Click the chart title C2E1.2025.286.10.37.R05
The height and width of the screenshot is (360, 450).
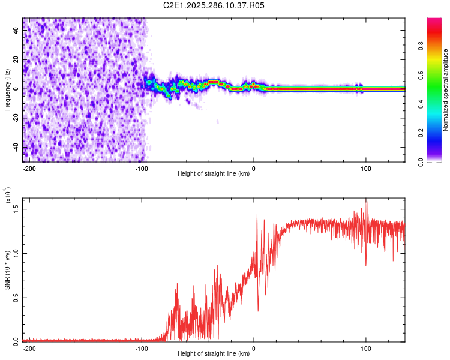[x=214, y=6]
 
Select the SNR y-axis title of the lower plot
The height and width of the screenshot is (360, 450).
[x=8, y=270]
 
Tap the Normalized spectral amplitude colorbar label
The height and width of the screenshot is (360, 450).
[x=446, y=90]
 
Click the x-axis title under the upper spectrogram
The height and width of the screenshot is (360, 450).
[x=214, y=174]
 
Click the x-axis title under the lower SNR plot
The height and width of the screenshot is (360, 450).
[x=214, y=353]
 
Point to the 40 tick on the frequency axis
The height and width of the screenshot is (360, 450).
[x=16, y=31]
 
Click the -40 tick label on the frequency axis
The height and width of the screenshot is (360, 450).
[x=16, y=147]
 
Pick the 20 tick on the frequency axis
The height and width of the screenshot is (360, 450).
[x=16, y=60]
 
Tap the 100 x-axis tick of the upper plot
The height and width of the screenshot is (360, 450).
[x=366, y=169]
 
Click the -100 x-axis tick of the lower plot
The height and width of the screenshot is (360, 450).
[x=142, y=348]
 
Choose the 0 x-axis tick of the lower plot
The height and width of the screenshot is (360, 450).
[x=254, y=348]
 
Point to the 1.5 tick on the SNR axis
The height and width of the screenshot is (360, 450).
[x=16, y=208]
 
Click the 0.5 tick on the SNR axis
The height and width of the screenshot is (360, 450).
[x=16, y=296]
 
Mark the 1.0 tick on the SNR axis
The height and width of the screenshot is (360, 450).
[x=16, y=253]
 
